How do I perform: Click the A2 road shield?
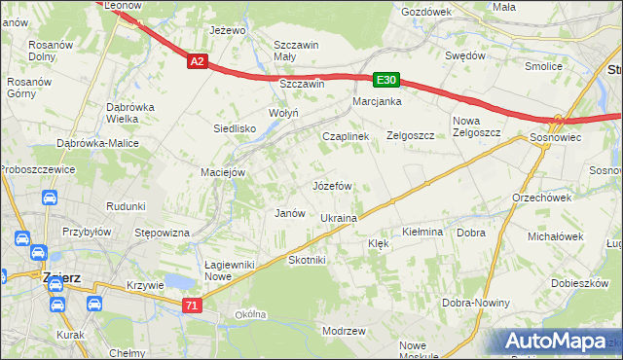tap(197, 61)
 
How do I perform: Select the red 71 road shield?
tap(193, 306)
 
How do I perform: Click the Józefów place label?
tap(331, 185)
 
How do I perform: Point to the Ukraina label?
tap(339, 218)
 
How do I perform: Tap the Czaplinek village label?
tap(346, 137)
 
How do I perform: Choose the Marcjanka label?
tap(378, 101)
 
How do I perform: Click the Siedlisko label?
tap(235, 128)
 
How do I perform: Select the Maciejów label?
tap(223, 173)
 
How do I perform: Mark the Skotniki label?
tap(307, 261)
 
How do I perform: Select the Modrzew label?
tap(343, 332)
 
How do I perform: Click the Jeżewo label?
tap(227, 30)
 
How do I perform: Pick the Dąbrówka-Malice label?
tap(97, 143)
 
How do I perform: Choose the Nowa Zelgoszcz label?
tap(476, 126)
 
